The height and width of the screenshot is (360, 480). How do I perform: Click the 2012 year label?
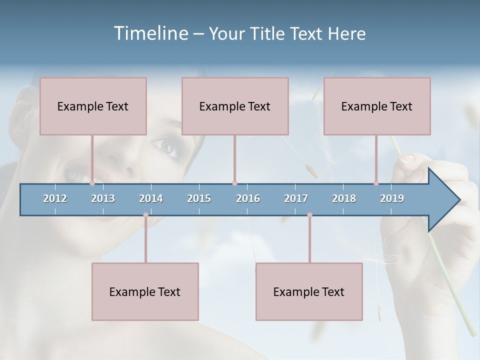(55, 198)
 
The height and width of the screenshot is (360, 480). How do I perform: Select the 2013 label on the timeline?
(103, 198)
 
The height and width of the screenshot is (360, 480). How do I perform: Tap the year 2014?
(151, 198)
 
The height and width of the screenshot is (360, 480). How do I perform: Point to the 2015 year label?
(199, 198)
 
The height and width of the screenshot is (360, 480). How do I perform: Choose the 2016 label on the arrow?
(248, 198)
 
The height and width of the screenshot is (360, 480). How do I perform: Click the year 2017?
(296, 198)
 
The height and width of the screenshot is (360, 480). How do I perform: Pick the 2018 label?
(344, 198)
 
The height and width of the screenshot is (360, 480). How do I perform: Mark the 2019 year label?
(392, 198)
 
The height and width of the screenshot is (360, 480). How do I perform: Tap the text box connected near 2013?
(93, 106)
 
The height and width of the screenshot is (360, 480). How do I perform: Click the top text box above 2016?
(235, 106)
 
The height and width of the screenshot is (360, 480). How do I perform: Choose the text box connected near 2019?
(377, 106)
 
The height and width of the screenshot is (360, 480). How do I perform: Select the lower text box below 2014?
(145, 291)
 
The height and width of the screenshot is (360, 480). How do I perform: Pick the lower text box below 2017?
(309, 291)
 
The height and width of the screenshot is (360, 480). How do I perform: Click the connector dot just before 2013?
(92, 183)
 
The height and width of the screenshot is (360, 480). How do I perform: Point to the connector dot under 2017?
(309, 215)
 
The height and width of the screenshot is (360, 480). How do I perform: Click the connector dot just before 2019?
(376, 183)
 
